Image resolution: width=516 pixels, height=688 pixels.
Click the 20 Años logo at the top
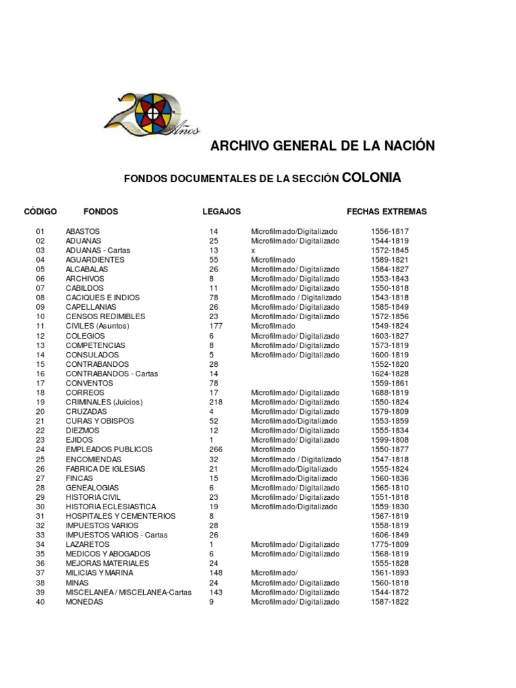[x=152, y=112]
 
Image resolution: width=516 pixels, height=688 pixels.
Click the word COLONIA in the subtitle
[x=372, y=178]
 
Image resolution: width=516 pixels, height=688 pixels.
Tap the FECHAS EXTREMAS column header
[x=386, y=212]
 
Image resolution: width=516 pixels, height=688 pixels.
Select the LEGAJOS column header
[x=222, y=212]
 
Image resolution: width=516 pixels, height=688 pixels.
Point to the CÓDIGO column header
[x=40, y=212]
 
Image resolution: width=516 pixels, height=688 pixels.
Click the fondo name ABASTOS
[x=83, y=231]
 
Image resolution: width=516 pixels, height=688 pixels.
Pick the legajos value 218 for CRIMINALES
[x=216, y=402]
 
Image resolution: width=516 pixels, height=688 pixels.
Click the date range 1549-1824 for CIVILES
[x=390, y=327]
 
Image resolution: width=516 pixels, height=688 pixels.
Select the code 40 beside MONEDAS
[x=40, y=603]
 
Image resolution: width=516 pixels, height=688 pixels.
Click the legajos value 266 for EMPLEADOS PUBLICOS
[x=216, y=449]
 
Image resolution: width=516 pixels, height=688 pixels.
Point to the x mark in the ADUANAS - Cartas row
[x=253, y=251]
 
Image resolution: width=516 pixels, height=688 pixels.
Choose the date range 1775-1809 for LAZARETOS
[x=390, y=545]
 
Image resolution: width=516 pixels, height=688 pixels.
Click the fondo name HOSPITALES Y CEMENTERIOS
[x=120, y=516]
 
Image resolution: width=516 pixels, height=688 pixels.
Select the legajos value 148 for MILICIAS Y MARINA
[x=216, y=573]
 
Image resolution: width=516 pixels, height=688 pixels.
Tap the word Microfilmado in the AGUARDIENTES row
[x=273, y=260]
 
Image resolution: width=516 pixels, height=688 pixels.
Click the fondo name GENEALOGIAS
[x=92, y=488]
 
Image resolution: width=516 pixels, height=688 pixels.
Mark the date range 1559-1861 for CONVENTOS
[x=390, y=384]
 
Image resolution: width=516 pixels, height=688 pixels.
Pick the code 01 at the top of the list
[x=40, y=231]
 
